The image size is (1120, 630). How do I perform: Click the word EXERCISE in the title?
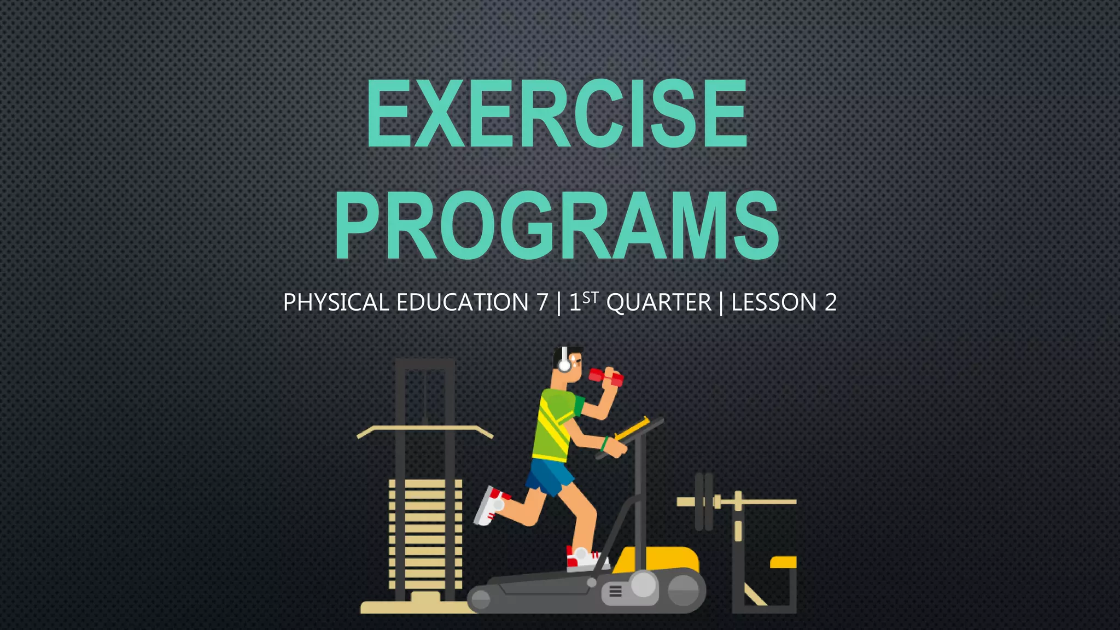(x=557, y=113)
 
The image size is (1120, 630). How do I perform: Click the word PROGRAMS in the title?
(x=557, y=225)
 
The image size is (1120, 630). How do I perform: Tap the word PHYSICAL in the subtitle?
(x=336, y=302)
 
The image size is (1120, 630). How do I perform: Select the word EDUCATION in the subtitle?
(x=462, y=302)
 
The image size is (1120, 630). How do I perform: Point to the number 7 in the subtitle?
(x=542, y=302)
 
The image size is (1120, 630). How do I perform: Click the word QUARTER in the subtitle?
(x=658, y=302)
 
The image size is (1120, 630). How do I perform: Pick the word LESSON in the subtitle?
(x=774, y=302)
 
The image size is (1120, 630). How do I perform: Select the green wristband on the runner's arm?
(x=604, y=444)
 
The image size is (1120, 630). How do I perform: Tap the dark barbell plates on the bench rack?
(x=704, y=501)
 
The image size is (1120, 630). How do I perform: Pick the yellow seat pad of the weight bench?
(x=783, y=562)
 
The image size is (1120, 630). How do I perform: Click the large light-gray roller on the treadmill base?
(x=643, y=585)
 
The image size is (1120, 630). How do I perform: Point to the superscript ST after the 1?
(x=591, y=297)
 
